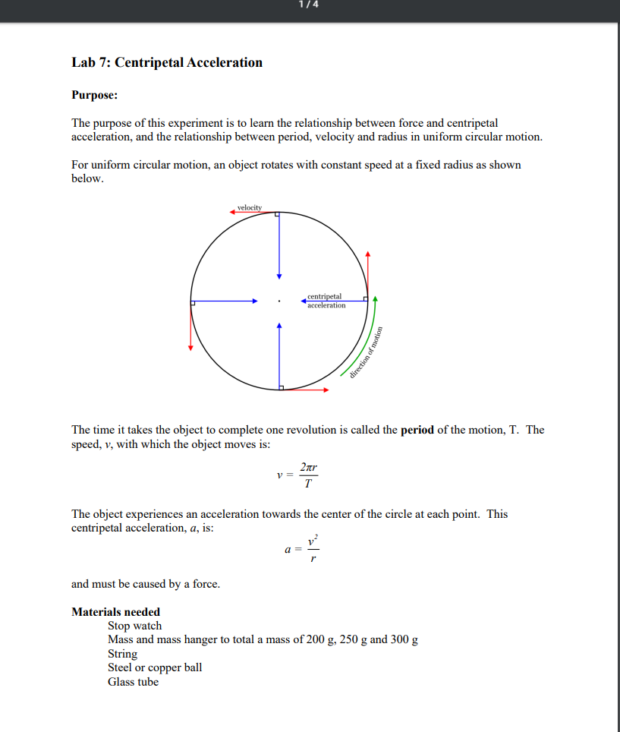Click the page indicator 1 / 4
pyautogui.click(x=310, y=5)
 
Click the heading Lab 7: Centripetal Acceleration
pyautogui.click(x=167, y=63)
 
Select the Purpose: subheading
pyautogui.click(x=95, y=96)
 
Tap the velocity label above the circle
pyautogui.click(x=249, y=207)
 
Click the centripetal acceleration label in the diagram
pyautogui.click(x=326, y=301)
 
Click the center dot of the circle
pyautogui.click(x=279, y=301)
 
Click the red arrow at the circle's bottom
pyautogui.click(x=305, y=390)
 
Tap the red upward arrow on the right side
pyautogui.click(x=368, y=273)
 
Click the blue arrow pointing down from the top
pyautogui.click(x=279, y=247)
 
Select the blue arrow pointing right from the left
pyautogui.click(x=225, y=301)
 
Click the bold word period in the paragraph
pyautogui.click(x=417, y=430)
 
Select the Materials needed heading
pyautogui.click(x=115, y=612)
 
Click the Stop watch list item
pyautogui.click(x=134, y=626)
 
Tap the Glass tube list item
pyautogui.click(x=133, y=682)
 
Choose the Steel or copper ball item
pyautogui.click(x=155, y=667)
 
